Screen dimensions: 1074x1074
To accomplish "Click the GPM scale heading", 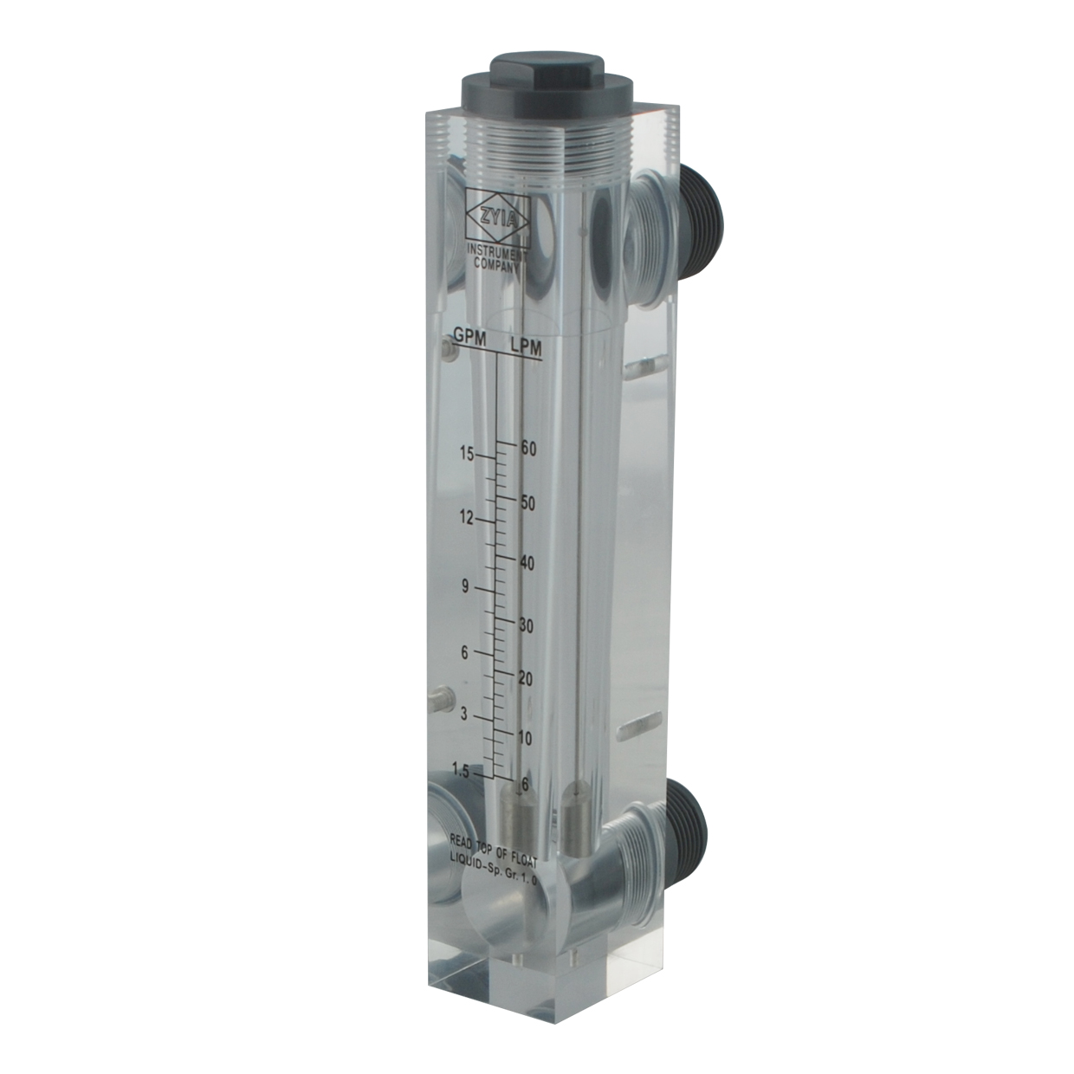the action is [x=470, y=337].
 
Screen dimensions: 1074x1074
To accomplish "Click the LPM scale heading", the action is [x=526, y=348].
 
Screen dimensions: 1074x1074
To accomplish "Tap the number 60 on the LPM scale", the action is [x=527, y=449].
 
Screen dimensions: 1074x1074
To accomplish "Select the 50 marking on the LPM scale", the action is [x=527, y=502].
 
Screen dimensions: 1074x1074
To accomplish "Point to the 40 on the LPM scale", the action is [x=526, y=564].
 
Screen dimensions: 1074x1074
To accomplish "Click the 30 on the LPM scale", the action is [x=526, y=626].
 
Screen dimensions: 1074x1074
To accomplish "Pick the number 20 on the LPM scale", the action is [x=525, y=679].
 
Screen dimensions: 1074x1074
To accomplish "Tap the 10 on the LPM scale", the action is [x=525, y=739].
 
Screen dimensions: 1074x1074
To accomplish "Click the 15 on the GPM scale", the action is [x=467, y=455].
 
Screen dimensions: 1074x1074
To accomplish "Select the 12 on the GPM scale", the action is [x=466, y=518].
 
